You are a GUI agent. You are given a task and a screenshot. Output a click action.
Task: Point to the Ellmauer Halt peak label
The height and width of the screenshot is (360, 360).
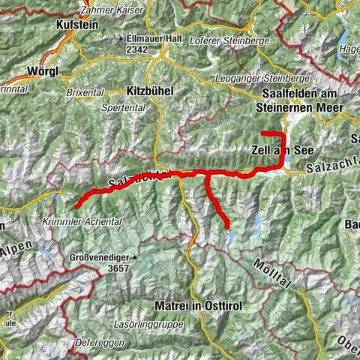coord(151,37)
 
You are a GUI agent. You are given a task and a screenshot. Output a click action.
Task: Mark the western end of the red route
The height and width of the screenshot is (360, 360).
coord(78,202)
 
